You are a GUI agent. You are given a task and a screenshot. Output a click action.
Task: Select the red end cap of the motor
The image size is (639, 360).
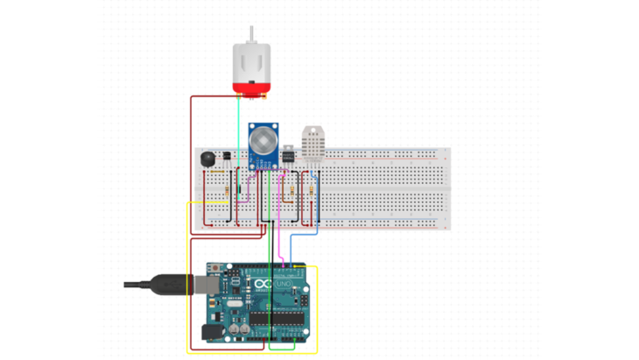(252, 87)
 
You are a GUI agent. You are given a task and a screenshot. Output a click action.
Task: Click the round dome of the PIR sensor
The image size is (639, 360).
(263, 138)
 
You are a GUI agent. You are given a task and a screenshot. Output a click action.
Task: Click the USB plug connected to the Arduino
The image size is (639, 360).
(174, 286)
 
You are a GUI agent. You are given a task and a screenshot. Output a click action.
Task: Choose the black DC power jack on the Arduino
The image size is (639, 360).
(212, 333)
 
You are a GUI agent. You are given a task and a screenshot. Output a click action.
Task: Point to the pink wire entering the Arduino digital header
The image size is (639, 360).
(281, 250)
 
